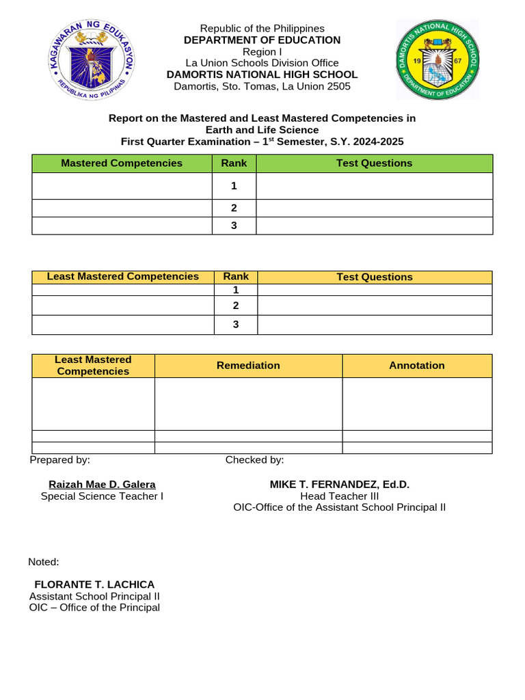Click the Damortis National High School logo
438,59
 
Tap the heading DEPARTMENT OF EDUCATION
262,40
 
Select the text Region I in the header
262,52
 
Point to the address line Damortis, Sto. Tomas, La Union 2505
262,86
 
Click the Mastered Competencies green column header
122,163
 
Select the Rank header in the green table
234,163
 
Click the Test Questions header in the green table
374,163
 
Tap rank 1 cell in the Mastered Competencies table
234,186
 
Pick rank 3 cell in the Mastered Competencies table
234,226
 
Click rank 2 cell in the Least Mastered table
236,306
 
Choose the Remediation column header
248,366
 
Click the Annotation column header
417,366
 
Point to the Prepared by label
60,460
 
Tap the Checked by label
255,460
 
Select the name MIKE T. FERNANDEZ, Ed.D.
340,484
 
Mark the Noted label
44,562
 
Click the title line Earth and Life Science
262,130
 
